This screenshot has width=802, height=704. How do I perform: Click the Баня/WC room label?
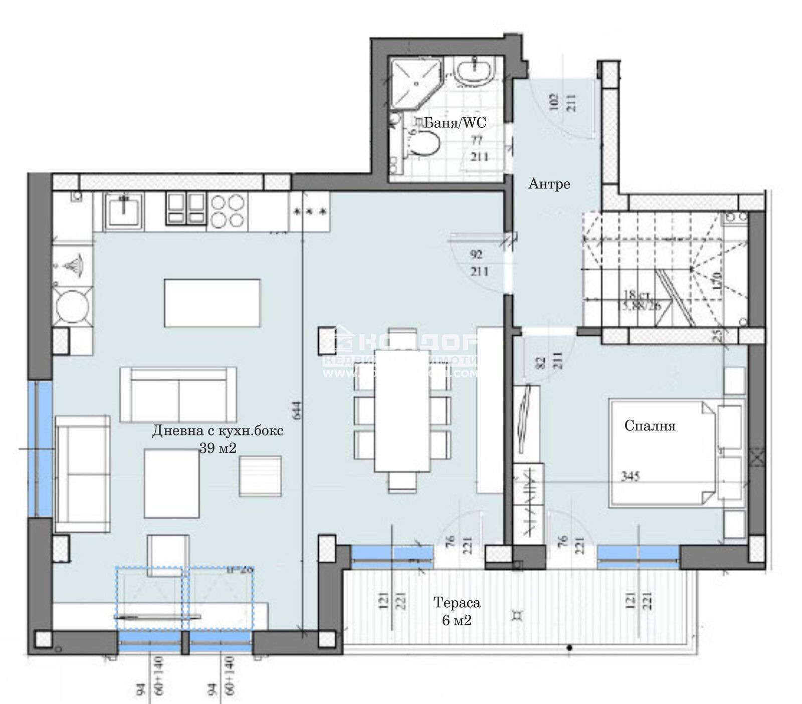click(x=455, y=122)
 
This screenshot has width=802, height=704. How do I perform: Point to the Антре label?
click(x=549, y=184)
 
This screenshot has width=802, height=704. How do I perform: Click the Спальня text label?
click(x=650, y=426)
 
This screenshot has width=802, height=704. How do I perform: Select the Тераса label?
click(x=457, y=603)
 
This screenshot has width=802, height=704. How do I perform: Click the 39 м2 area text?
click(x=218, y=448)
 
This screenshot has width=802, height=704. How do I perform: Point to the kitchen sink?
click(x=124, y=210)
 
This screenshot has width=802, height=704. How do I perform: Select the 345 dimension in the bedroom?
click(x=630, y=476)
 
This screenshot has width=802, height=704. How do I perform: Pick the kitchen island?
click(x=212, y=303)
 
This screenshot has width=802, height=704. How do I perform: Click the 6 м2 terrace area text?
click(x=457, y=621)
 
